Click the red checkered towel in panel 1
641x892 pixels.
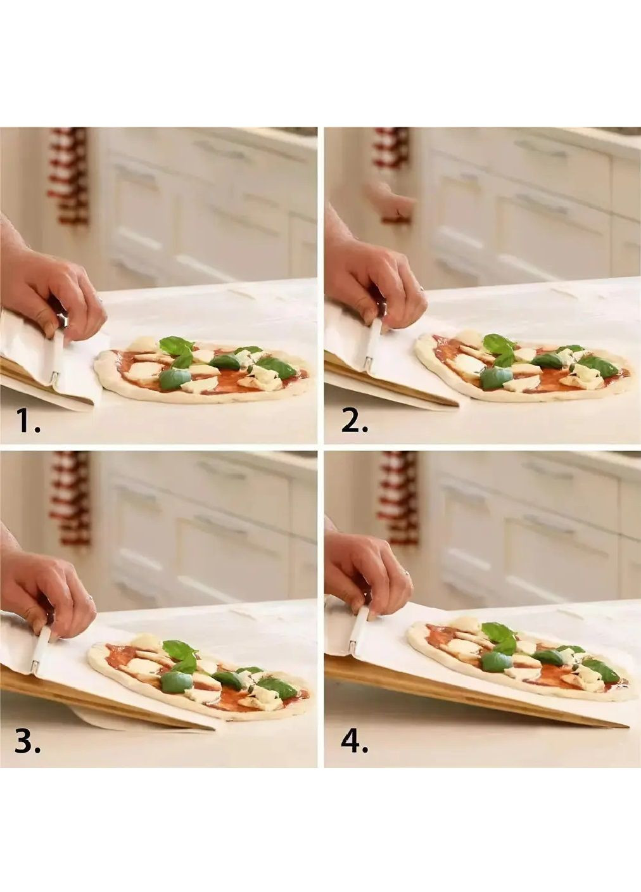70,175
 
